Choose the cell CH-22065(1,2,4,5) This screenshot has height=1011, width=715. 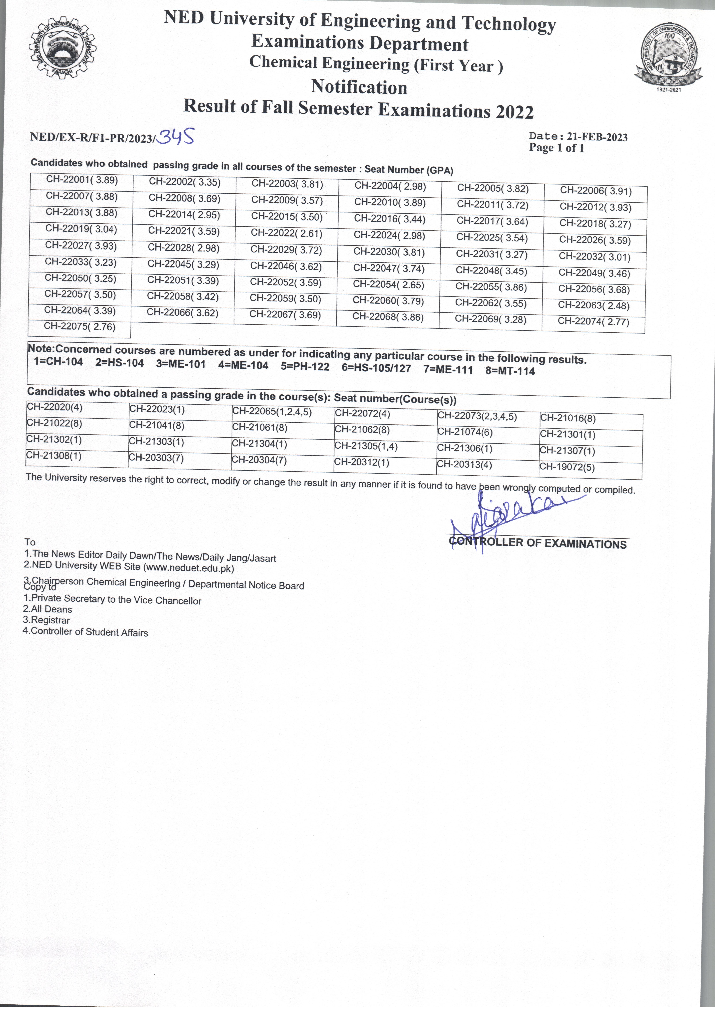[x=272, y=412]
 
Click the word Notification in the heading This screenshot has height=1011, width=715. [x=359, y=87]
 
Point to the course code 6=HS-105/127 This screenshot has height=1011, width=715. [x=376, y=368]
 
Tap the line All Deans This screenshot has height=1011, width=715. [x=48, y=609]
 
